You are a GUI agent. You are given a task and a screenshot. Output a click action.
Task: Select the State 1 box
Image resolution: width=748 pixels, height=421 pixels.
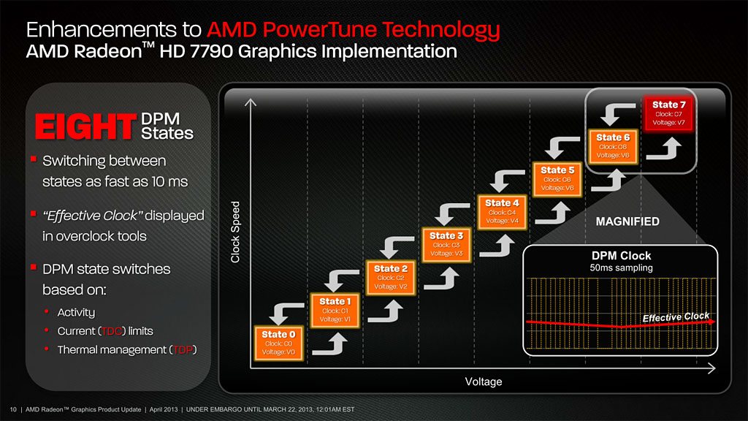tap(335, 311)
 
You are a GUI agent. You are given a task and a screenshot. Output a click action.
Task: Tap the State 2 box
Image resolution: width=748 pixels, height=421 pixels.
tap(391, 278)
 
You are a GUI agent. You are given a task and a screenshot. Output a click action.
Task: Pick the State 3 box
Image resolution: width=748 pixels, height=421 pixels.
tap(446, 244)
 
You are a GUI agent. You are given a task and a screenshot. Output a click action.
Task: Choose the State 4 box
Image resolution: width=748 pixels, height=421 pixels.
tap(502, 211)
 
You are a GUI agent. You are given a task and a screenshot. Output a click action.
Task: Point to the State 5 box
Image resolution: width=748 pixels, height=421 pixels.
tap(557, 179)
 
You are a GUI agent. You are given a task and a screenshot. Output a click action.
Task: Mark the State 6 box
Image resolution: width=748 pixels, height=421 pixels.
tap(613, 146)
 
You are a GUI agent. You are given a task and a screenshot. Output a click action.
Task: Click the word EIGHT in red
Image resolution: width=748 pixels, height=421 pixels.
tap(81, 126)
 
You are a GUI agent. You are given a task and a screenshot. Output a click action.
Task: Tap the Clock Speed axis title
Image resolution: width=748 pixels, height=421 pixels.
tap(236, 232)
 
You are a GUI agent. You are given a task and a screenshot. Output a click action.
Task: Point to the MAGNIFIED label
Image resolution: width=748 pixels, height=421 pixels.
tap(627, 221)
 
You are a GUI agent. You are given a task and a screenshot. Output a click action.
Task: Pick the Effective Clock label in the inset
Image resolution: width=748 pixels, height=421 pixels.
tap(676, 317)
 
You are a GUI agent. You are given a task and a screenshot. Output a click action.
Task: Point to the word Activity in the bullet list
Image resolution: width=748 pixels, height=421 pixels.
tap(76, 313)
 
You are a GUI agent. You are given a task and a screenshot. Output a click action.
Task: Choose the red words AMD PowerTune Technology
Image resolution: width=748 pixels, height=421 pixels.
tap(354, 30)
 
